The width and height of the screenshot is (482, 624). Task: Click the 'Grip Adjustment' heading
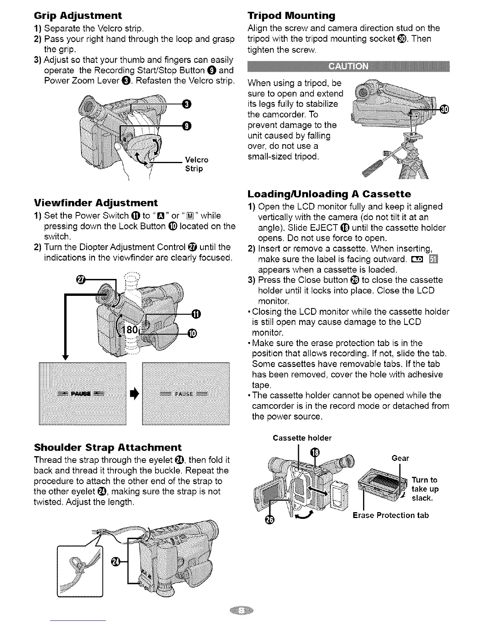[78, 16]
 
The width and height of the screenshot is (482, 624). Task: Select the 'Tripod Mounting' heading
[291, 16]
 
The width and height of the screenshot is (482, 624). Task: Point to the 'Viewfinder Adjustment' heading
[96, 202]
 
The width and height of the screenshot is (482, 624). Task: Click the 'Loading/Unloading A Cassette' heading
[329, 194]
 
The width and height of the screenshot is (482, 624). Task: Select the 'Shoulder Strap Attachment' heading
[108, 447]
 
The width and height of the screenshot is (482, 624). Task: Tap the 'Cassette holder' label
[302, 438]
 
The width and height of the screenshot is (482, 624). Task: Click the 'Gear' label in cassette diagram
[400, 458]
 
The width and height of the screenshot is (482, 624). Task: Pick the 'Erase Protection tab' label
[390, 515]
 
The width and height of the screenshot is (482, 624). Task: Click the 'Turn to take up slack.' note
[425, 489]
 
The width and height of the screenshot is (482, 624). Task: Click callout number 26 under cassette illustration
[269, 520]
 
